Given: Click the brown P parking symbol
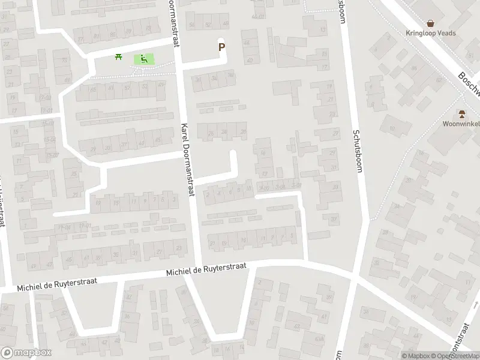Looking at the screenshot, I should [222, 47].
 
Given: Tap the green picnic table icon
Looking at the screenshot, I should [119, 57].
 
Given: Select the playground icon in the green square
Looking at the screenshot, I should [144, 59].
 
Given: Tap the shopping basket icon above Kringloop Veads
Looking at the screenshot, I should [431, 23].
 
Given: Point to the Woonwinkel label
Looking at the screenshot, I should [461, 124].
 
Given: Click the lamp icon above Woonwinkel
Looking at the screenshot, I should [461, 113].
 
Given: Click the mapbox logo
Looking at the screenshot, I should [26, 353].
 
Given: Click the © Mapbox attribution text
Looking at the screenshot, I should [415, 356].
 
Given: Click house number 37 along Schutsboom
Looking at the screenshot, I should [334, 219].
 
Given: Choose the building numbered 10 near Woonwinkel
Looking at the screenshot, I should [391, 128].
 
